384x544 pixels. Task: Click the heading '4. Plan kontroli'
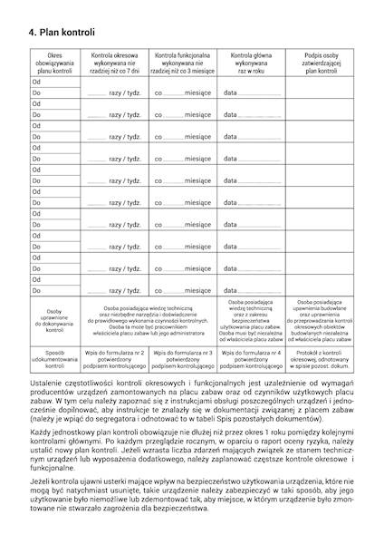62,34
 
